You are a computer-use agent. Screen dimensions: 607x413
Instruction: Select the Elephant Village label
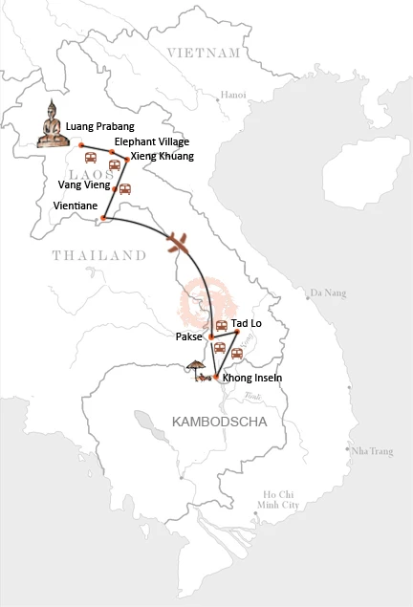tap(146, 141)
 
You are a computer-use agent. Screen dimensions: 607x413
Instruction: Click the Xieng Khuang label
tap(162, 156)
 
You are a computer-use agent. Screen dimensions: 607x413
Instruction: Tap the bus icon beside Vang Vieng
tap(124, 188)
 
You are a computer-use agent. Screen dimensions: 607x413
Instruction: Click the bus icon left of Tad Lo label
tap(221, 326)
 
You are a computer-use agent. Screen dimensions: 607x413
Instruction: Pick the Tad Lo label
tap(247, 324)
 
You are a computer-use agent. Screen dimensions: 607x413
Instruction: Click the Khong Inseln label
tap(252, 379)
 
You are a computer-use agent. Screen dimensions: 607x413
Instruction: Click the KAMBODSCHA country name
tap(211, 421)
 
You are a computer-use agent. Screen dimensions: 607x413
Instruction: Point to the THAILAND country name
tap(98, 255)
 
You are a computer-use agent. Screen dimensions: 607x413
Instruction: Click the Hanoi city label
tap(232, 95)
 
